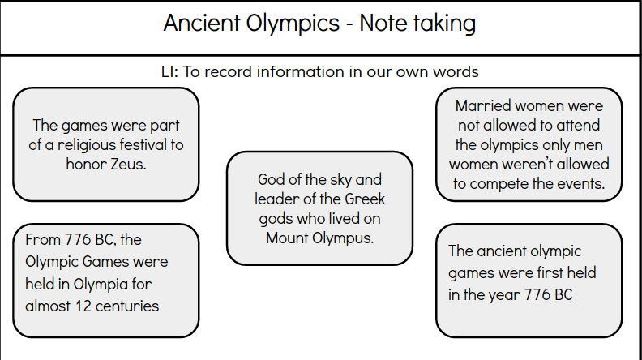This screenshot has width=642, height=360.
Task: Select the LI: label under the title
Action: pyautogui.click(x=170, y=72)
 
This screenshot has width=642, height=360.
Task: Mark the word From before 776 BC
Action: pyautogui.click(x=43, y=240)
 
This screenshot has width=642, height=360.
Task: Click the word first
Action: pyautogui.click(x=544, y=273)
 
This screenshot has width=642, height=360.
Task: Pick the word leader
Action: pyautogui.click(x=276, y=199)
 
